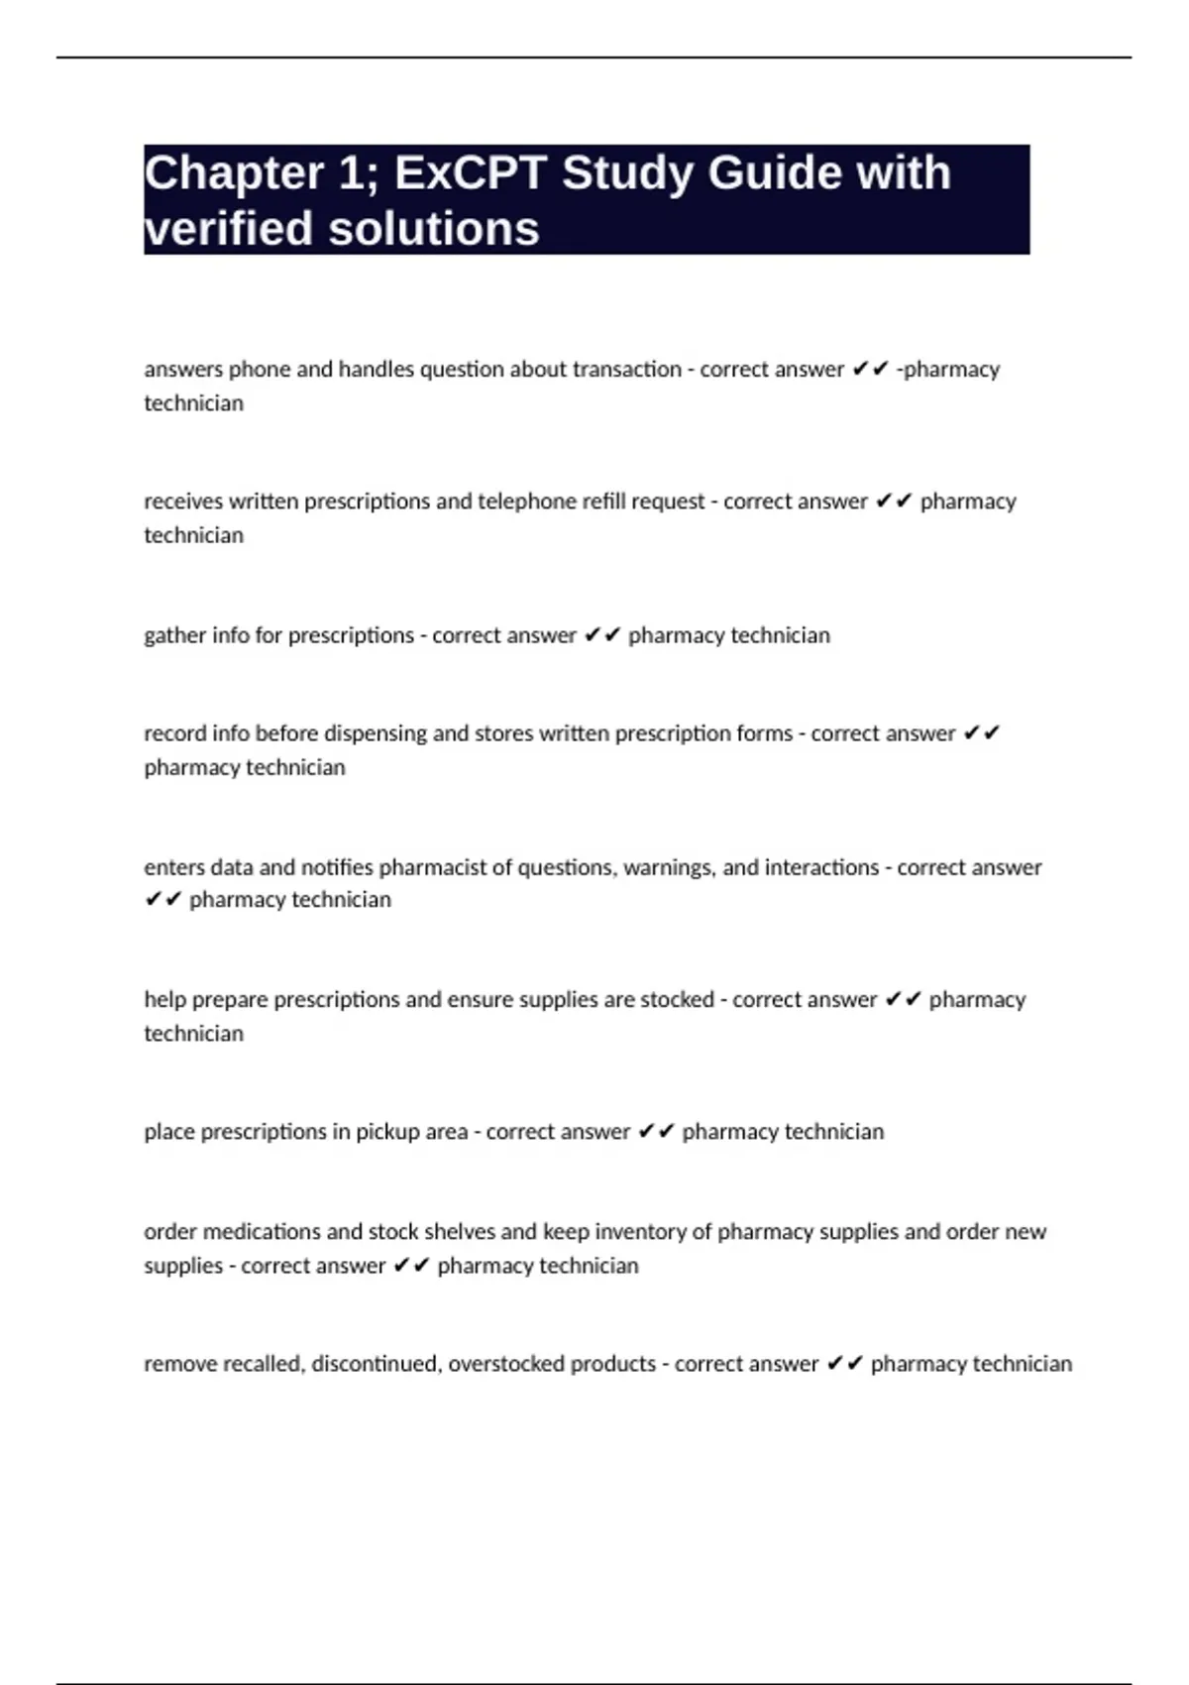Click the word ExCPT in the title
pos(471,173)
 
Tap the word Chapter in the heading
pos(234,173)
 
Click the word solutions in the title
pos(434,229)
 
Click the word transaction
pos(627,370)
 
